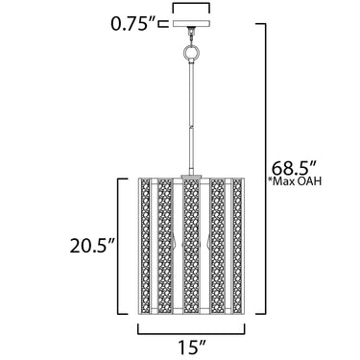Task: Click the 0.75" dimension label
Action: [132, 24]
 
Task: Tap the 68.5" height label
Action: [295, 167]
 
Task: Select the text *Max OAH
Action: [294, 181]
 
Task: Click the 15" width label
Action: [190, 348]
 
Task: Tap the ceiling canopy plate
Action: [191, 23]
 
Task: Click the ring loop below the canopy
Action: [191, 52]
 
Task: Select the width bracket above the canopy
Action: [191, 7]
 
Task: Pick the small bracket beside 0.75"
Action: [163, 23]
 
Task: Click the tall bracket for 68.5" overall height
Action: [265, 169]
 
